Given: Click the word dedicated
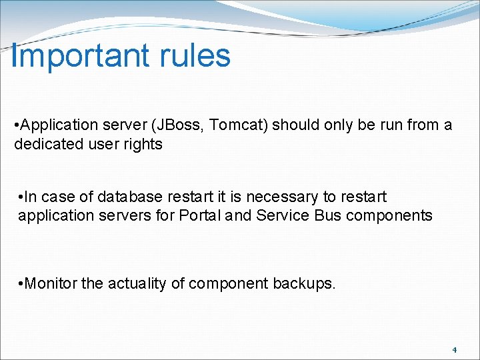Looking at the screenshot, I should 45,144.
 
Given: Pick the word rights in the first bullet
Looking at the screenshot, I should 143,144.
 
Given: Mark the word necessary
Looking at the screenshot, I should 281,197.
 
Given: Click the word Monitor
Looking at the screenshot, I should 51,284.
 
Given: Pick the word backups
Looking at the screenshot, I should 305,284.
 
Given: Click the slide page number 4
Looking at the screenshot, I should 454,350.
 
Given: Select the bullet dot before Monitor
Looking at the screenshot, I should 21,284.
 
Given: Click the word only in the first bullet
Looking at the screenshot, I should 331,125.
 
